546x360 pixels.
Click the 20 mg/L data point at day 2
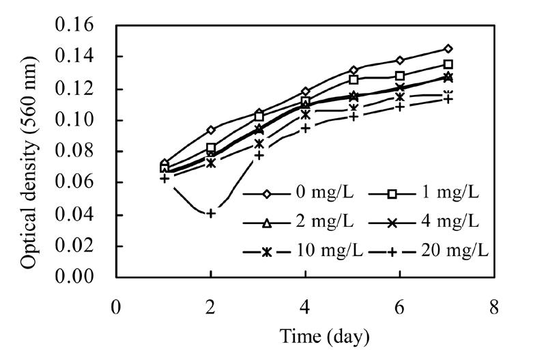pyautogui.click(x=211, y=214)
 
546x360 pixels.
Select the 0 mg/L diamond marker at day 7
pyautogui.click(x=448, y=49)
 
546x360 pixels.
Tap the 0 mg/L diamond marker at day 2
pyautogui.click(x=211, y=130)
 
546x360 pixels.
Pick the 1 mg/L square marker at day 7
pyautogui.click(x=448, y=65)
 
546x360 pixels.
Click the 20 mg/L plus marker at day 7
pyautogui.click(x=448, y=99)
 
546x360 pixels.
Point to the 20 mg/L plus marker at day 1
pyautogui.click(x=164, y=178)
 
